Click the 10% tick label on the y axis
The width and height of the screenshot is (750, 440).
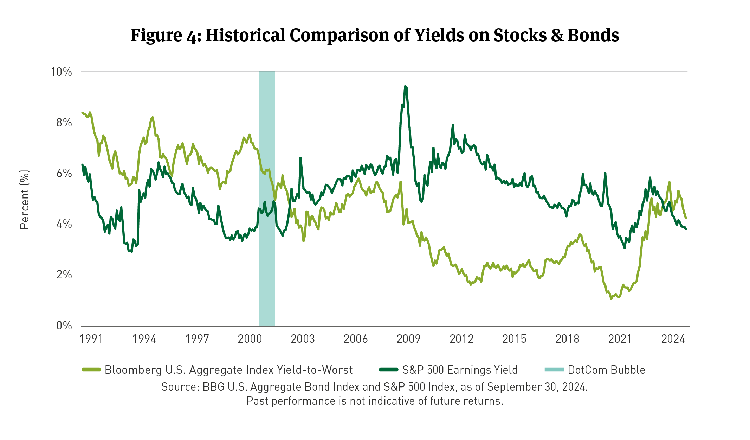tap(62, 72)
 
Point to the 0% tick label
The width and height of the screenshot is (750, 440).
tap(64, 326)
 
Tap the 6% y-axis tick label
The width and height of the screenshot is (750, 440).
tap(64, 174)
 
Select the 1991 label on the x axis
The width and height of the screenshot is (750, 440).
tap(91, 339)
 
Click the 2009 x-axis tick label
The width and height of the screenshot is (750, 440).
tap(408, 339)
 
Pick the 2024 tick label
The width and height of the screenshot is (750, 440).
tap(673, 339)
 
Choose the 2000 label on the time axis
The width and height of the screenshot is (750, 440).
tap(250, 339)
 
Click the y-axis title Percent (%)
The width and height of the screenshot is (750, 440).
tap(24, 200)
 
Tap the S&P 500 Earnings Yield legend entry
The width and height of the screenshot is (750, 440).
tap(460, 370)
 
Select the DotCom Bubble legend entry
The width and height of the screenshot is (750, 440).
tap(606, 370)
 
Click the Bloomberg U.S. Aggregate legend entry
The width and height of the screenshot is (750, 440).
tap(228, 370)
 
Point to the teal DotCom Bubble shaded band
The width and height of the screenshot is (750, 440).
tap(267, 197)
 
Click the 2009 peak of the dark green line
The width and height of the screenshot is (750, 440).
tap(405, 86)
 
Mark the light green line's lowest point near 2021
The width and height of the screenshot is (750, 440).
tap(611, 298)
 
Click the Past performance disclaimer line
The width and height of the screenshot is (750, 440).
tap(375, 401)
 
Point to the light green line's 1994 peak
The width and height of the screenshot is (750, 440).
tap(152, 117)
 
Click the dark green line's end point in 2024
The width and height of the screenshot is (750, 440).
tap(686, 229)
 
